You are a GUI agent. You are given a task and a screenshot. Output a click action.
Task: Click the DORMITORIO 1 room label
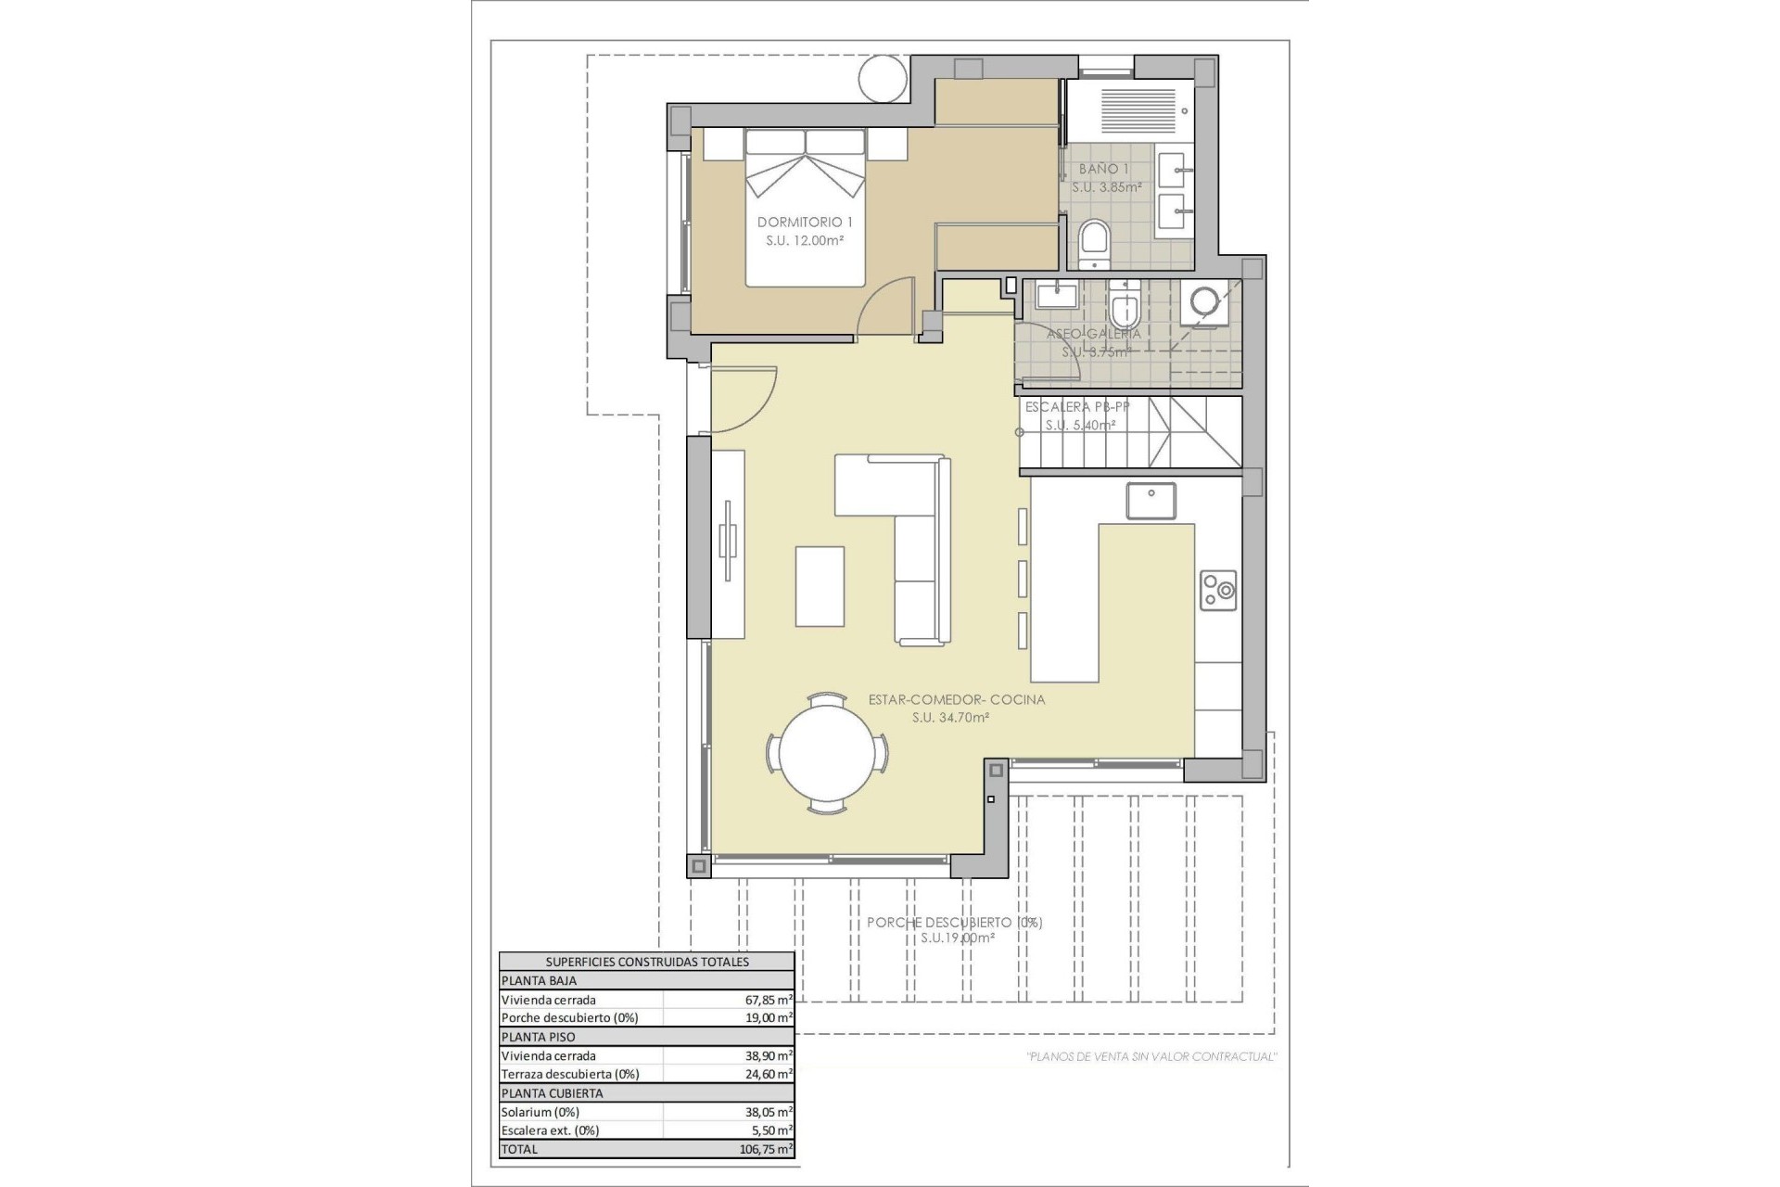point(805,222)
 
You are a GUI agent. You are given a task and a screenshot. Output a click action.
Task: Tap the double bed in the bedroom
point(806,209)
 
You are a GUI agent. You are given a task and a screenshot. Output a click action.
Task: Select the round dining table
point(826,753)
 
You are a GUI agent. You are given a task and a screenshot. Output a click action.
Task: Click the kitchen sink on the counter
point(1151,501)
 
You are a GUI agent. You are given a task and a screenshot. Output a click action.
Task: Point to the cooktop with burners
point(1218,589)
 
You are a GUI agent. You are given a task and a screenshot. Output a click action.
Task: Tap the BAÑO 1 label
point(1103,169)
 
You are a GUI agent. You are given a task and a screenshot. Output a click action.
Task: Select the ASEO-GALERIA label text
point(1093,333)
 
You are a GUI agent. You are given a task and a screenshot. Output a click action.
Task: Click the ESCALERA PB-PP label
point(1076,406)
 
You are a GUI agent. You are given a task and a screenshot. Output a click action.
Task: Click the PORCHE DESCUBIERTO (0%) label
point(954,922)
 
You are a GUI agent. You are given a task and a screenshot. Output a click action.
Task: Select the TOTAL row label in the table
point(519,1148)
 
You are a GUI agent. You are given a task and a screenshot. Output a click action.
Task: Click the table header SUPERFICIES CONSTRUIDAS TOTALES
point(646,962)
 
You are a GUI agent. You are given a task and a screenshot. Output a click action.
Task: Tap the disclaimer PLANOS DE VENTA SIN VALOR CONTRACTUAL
point(1151,1056)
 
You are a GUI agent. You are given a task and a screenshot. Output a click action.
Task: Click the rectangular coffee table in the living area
point(820,586)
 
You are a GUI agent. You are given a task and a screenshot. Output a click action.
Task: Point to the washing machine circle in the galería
point(1203,300)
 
